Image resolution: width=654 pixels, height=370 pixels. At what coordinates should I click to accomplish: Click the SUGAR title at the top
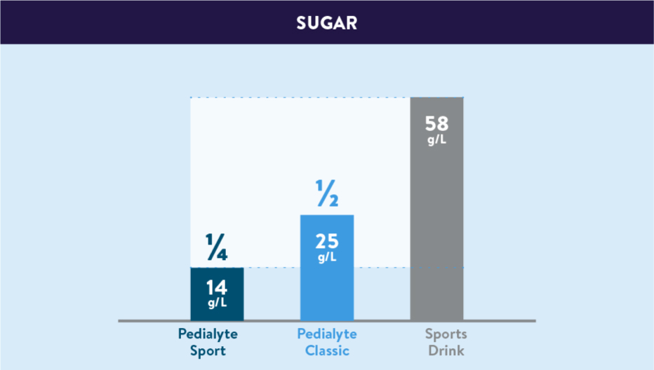click(x=326, y=22)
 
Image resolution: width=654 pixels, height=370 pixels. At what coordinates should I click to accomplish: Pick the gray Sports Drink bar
click(x=436, y=210)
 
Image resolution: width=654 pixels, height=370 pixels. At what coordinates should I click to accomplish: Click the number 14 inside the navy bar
click(x=217, y=288)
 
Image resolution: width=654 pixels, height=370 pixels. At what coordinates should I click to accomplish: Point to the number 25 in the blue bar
click(x=327, y=242)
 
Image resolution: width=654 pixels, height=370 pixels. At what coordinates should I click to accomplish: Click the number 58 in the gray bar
click(x=436, y=124)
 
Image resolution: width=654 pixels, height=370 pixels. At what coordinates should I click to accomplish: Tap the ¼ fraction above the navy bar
click(x=217, y=247)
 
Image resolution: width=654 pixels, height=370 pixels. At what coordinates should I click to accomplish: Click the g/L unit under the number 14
click(x=217, y=303)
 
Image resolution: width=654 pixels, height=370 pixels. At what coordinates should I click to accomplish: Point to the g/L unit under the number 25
click(x=327, y=257)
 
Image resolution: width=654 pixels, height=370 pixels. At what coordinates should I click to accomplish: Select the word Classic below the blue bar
click(x=327, y=350)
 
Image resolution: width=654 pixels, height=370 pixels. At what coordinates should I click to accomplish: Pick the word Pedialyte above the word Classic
click(x=327, y=334)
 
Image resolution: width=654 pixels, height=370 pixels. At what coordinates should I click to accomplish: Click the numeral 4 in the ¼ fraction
click(x=222, y=252)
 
